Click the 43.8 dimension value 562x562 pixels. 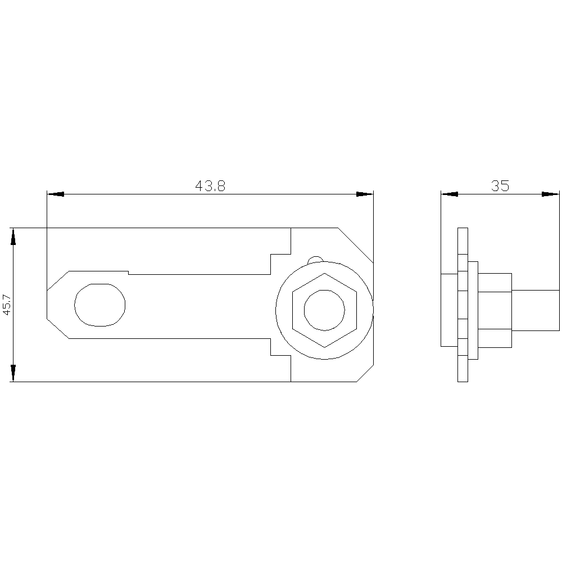click(210, 186)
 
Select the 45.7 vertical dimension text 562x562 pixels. click(7, 305)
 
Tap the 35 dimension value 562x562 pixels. click(500, 186)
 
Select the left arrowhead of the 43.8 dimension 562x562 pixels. click(56, 194)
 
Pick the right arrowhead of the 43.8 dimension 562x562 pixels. click(365, 194)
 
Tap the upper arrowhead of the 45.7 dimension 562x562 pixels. click(13, 237)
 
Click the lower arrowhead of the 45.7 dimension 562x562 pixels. click(13, 373)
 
